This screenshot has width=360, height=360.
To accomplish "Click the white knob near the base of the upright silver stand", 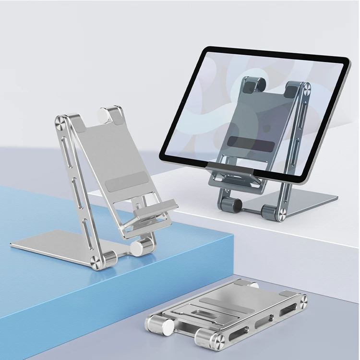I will coord(138,247).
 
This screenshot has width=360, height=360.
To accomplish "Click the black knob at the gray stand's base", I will coord(236,205).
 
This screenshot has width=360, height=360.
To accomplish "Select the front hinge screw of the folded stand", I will coord(217,340).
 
